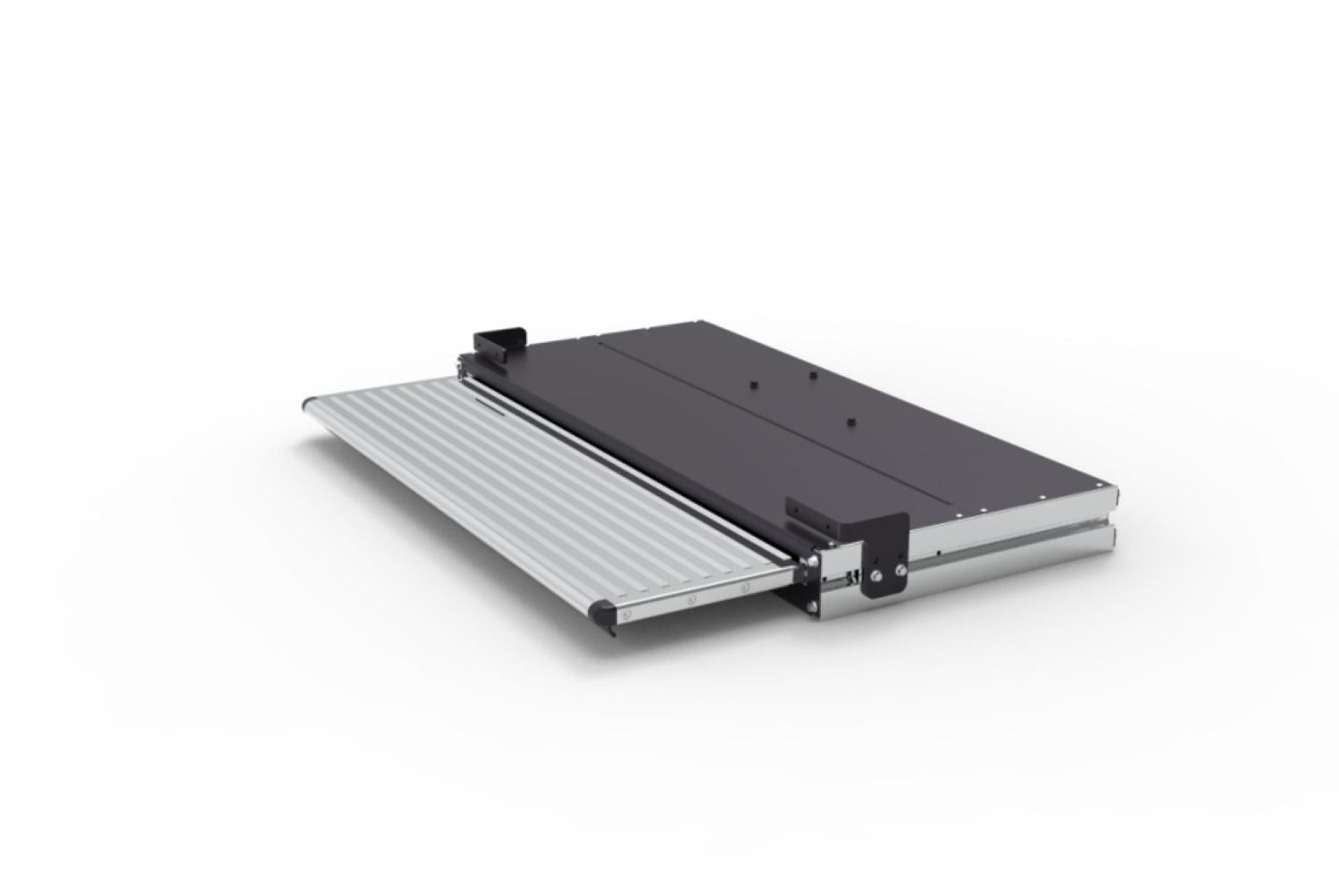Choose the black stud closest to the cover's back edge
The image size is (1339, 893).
coord(812,375)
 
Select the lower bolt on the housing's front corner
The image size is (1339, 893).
coord(811,609)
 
